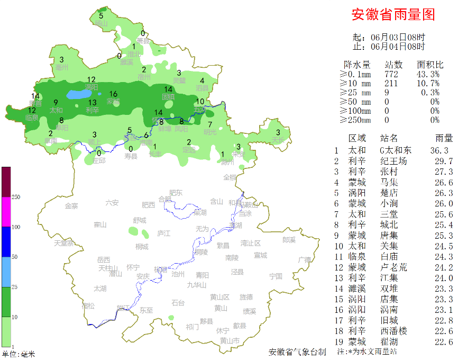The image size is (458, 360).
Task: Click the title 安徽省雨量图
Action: point(393,15)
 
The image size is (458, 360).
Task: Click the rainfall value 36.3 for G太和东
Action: point(439,150)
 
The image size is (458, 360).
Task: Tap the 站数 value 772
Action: point(391,74)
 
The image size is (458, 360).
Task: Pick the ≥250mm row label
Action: point(355,120)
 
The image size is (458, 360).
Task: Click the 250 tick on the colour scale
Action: point(16,197)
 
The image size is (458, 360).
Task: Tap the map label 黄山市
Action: point(230,340)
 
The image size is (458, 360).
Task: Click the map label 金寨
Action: point(71,205)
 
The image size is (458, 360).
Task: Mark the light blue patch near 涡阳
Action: point(78,95)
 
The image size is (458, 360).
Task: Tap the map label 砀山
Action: point(100,23)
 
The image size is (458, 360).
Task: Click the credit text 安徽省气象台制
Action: point(297,352)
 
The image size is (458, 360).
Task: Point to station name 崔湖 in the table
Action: point(389,341)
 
